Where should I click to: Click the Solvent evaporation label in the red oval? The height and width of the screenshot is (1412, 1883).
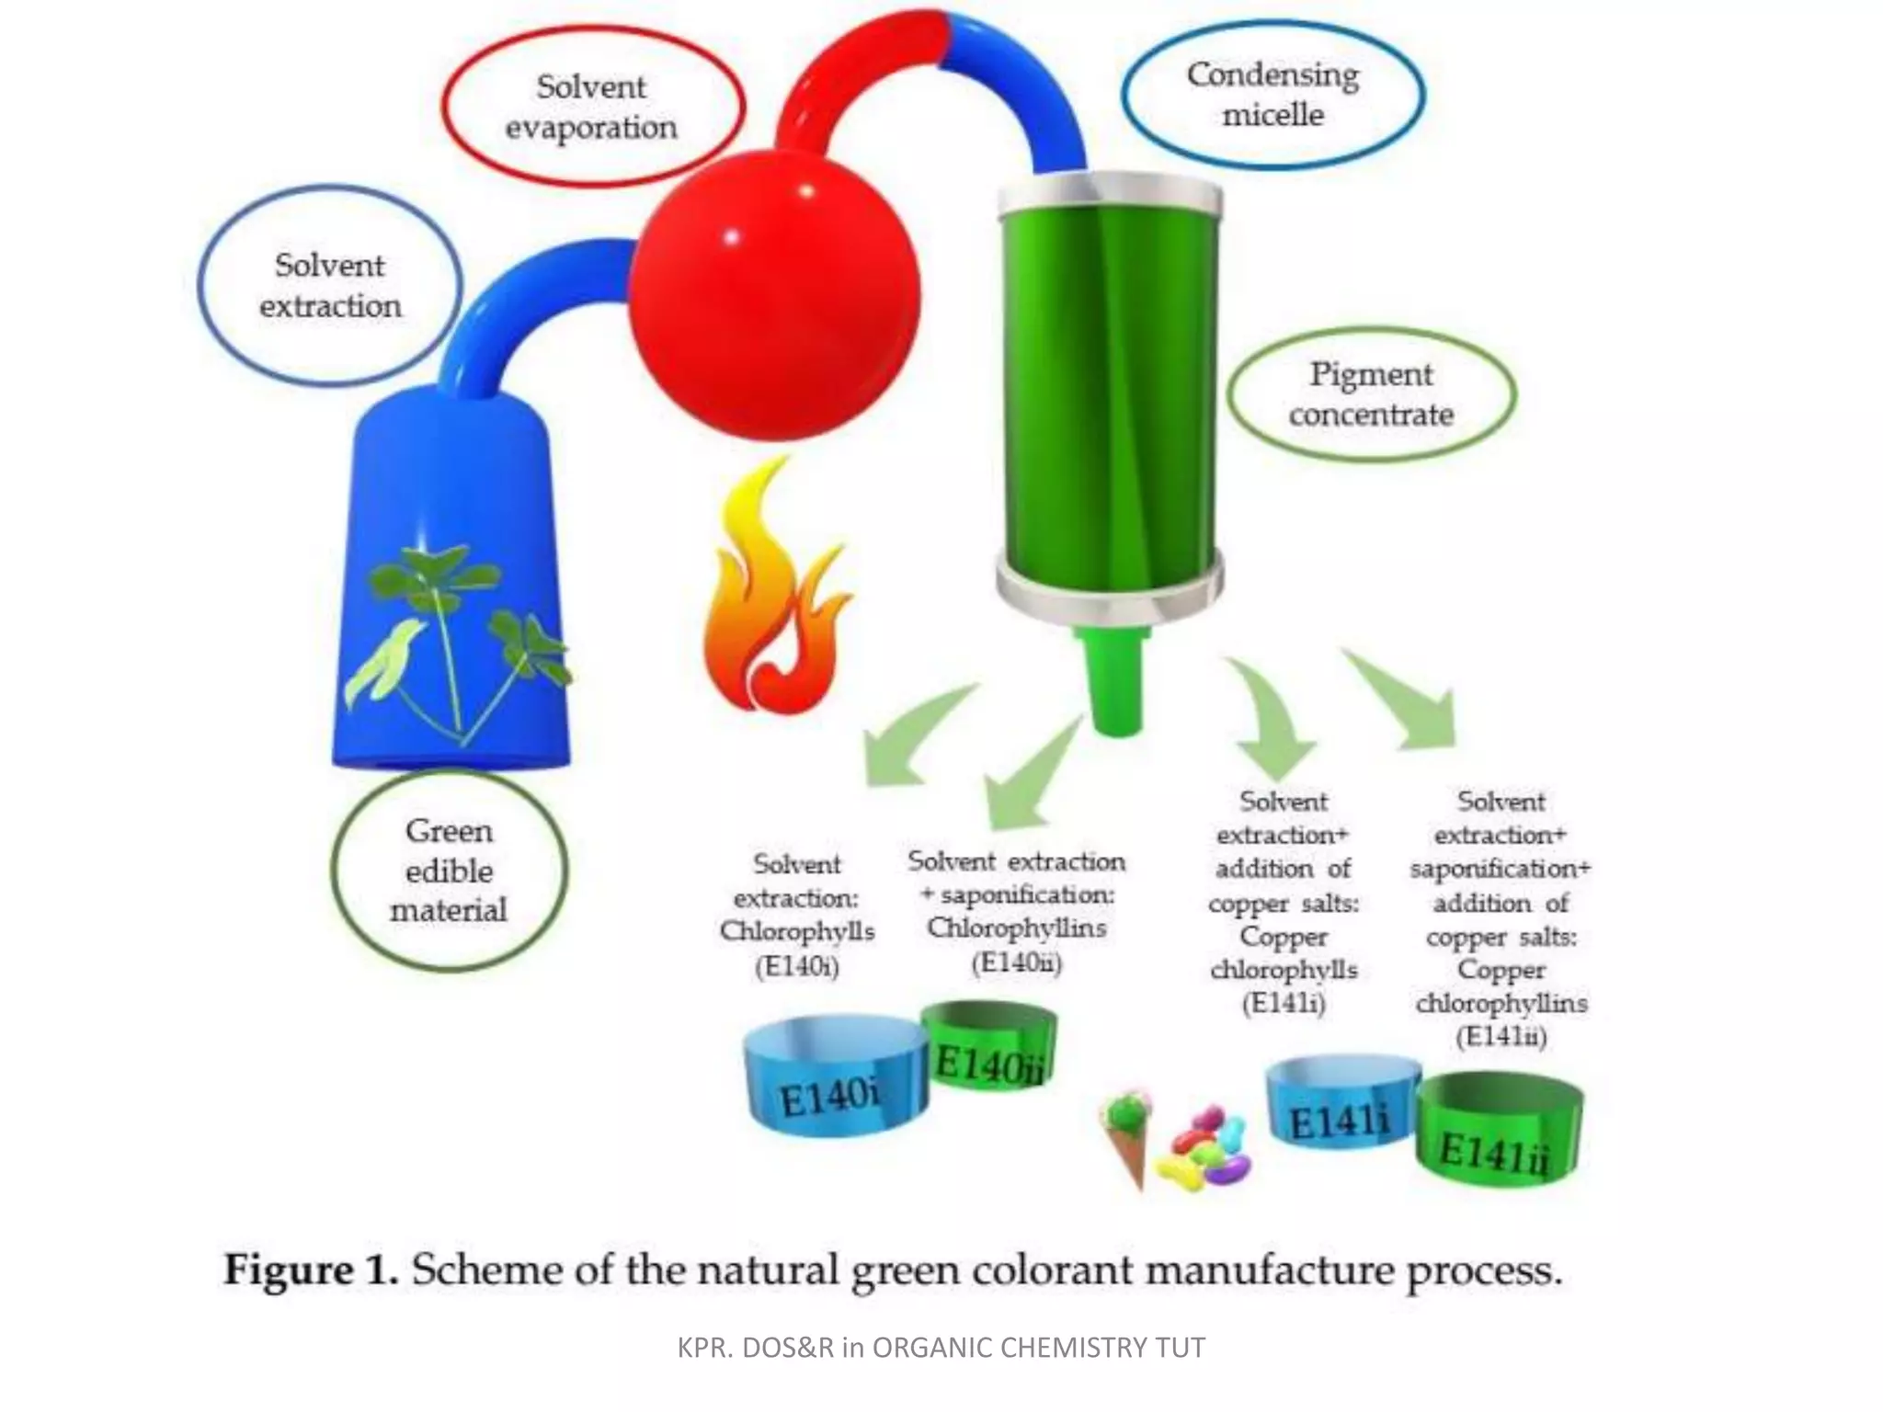591,107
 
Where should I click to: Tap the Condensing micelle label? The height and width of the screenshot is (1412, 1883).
1272,94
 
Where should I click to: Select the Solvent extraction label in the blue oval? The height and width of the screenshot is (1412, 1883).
330,285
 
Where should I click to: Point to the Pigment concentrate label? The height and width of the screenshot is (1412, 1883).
1371,394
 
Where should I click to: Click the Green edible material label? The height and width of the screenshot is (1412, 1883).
449,870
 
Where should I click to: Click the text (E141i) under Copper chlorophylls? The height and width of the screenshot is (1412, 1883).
1284,1003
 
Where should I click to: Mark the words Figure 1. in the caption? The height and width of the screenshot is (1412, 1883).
311,1270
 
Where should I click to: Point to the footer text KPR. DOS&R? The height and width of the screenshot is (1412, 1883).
755,1348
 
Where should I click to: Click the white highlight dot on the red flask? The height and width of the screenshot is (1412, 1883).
732,237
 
